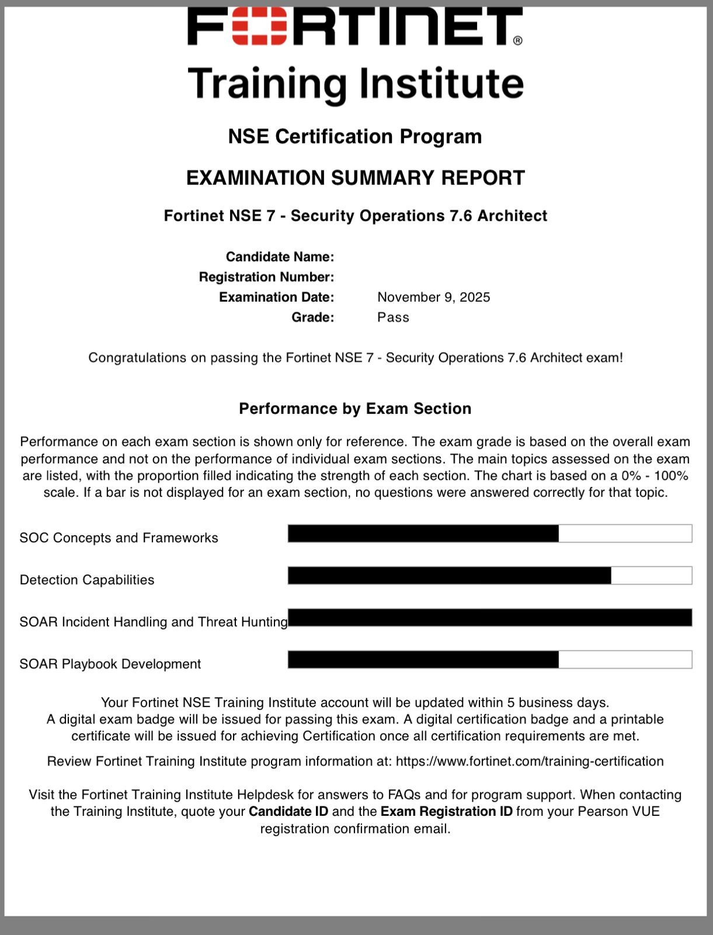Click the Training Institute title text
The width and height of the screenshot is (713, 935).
[356, 84]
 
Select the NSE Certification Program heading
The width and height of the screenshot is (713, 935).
[355, 136]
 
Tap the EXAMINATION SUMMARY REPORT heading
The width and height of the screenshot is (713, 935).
[355, 178]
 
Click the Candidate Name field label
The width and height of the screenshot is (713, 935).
[280, 257]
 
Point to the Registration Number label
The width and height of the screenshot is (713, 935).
[266, 276]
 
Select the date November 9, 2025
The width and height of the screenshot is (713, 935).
[433, 297]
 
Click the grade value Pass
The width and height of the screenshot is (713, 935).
[393, 317]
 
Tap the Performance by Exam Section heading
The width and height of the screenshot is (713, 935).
[355, 408]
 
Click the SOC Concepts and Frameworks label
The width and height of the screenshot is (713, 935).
[119, 538]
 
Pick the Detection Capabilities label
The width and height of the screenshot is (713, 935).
[87, 580]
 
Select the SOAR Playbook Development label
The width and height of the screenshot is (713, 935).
[110, 664]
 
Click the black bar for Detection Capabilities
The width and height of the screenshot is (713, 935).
[449, 576]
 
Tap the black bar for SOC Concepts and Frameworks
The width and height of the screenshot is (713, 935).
[423, 534]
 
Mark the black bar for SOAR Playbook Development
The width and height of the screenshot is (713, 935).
[423, 660]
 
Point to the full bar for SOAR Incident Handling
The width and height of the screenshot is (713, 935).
[490, 618]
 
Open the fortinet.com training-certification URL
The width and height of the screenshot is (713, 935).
[530, 761]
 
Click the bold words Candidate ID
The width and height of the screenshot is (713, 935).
[288, 811]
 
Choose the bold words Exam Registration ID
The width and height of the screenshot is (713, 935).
[446, 811]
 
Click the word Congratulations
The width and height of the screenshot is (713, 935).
[137, 358]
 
